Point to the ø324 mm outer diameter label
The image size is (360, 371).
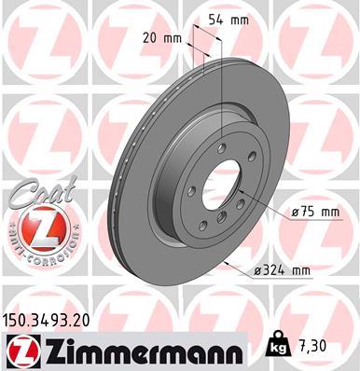point(280,270)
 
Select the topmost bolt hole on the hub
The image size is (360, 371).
point(220,147)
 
